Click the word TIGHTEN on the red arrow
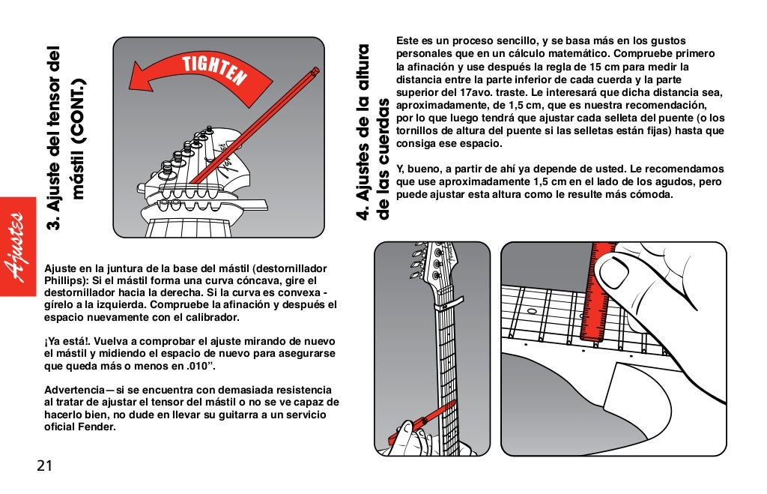click(213, 70)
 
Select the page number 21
click(44, 466)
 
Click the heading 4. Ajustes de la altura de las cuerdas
click(372, 132)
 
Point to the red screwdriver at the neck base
click(423, 423)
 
